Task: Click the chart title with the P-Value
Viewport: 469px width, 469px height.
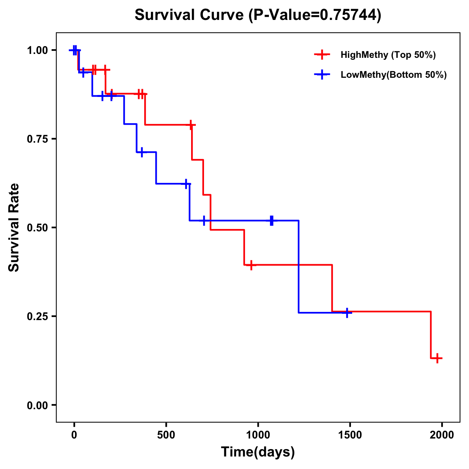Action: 258,15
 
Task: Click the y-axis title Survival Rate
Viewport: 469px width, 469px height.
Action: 14,227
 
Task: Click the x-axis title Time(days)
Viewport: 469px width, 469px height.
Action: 258,452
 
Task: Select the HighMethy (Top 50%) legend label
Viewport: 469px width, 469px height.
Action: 388,55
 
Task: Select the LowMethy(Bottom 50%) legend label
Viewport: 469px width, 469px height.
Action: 394,75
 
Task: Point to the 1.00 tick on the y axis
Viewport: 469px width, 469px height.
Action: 37,50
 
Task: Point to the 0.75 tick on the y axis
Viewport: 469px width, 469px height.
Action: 37,139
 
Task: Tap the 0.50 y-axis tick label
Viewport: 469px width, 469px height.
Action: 37,228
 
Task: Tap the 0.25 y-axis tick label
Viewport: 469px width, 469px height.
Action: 37,317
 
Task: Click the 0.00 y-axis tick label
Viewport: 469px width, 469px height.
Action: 37,405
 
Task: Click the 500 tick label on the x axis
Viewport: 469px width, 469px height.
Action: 166,435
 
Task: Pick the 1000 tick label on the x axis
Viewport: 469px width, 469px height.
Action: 258,435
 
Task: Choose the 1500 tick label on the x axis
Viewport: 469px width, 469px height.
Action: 350,435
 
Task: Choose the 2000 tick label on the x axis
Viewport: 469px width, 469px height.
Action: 442,435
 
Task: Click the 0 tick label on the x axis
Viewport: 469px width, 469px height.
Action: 74,435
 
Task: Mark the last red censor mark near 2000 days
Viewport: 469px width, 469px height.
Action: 438,358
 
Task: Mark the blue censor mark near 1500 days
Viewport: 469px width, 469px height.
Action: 347,313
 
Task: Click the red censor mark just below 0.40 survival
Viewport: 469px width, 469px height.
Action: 251,265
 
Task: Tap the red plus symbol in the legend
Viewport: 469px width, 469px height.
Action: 322,55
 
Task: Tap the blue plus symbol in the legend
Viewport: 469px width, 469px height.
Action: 322,75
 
